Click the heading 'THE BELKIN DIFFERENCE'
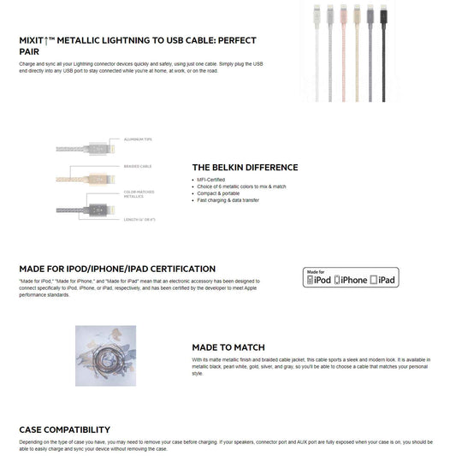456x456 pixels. click(245, 168)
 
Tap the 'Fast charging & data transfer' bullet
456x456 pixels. click(232, 200)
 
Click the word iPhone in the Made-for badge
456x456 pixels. click(352, 280)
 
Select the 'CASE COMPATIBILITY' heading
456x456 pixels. click(64, 429)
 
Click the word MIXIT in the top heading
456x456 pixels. click(36, 40)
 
